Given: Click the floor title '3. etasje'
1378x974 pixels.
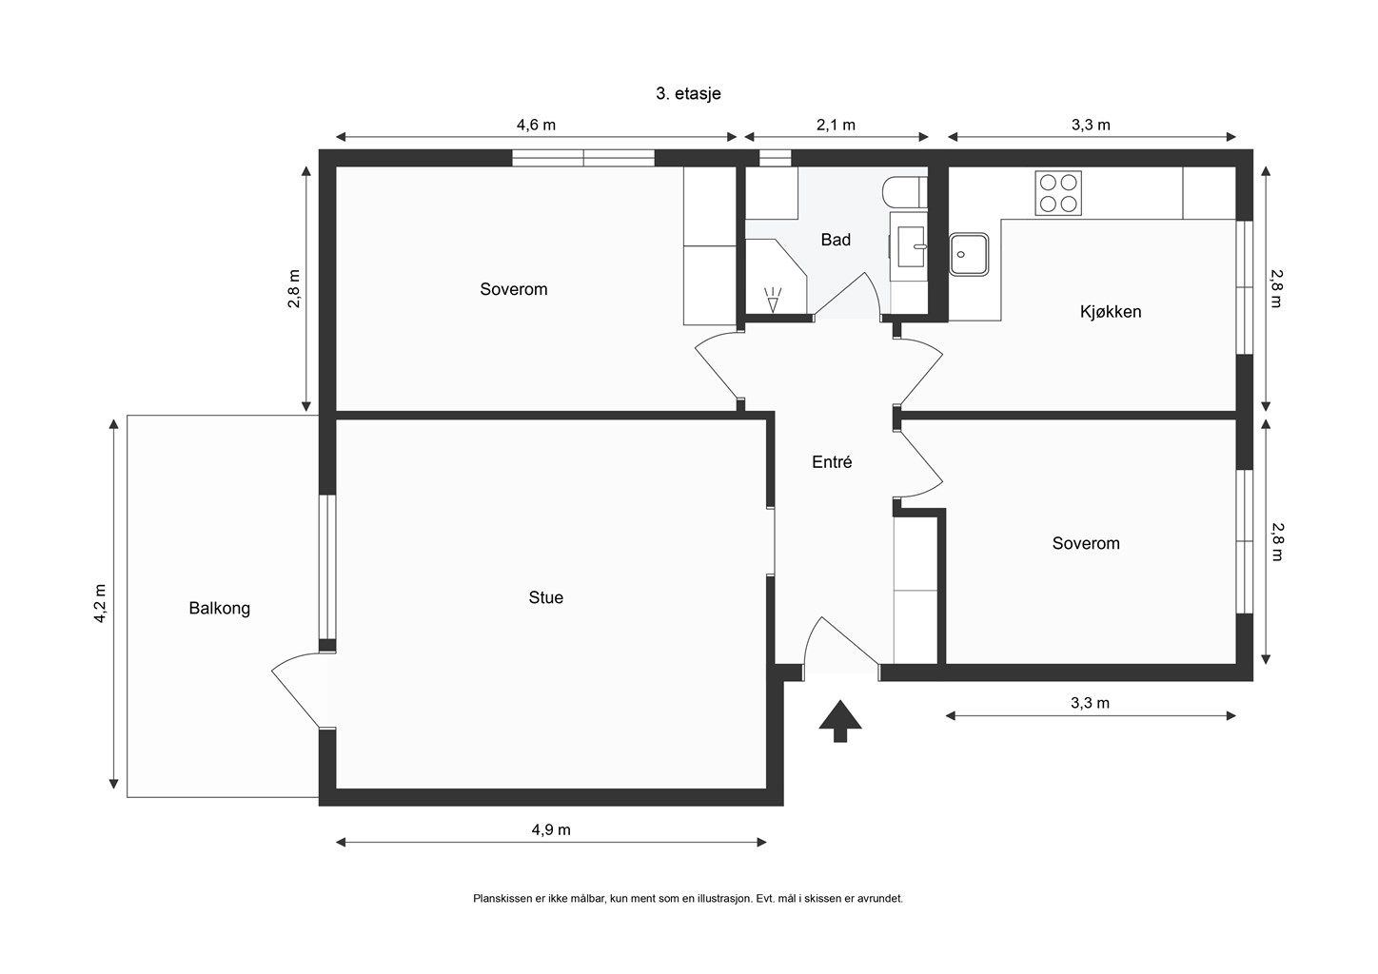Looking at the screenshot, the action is pyautogui.click(x=688, y=93).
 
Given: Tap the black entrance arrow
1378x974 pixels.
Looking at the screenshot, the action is pyautogui.click(x=839, y=721).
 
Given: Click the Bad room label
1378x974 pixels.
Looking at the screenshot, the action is pyautogui.click(x=836, y=240).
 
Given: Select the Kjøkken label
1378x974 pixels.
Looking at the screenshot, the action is pyautogui.click(x=1111, y=312).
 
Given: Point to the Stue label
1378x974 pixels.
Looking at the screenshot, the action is pyautogui.click(x=545, y=597).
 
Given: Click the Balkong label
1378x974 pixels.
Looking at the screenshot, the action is pyautogui.click(x=220, y=609).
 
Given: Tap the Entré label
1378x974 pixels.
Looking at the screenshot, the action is pyautogui.click(x=832, y=461).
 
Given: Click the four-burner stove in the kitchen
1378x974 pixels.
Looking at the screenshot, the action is pyautogui.click(x=1058, y=193).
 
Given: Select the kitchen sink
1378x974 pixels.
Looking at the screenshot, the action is pyautogui.click(x=969, y=254).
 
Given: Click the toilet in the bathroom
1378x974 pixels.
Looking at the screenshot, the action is pyautogui.click(x=904, y=192).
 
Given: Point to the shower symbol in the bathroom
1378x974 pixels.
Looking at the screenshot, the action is pyautogui.click(x=772, y=300).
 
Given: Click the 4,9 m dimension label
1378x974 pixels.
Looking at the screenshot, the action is pyautogui.click(x=551, y=830).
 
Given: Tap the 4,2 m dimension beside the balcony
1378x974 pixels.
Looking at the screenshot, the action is pyautogui.click(x=100, y=603).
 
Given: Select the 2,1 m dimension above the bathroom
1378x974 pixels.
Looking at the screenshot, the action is pyautogui.click(x=836, y=125).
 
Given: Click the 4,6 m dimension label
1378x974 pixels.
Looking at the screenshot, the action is pyautogui.click(x=536, y=125).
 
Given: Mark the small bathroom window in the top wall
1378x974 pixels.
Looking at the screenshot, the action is pyautogui.click(x=775, y=158).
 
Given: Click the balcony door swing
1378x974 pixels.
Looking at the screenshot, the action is pyautogui.click(x=294, y=688).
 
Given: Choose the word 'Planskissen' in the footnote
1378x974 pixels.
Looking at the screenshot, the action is pyautogui.click(x=502, y=898).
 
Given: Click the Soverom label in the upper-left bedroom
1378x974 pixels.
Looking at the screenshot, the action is pyautogui.click(x=514, y=289).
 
